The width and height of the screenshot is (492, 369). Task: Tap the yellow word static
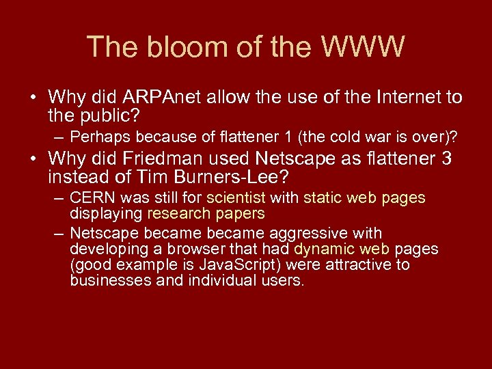323,198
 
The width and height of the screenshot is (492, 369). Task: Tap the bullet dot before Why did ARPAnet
32,98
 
